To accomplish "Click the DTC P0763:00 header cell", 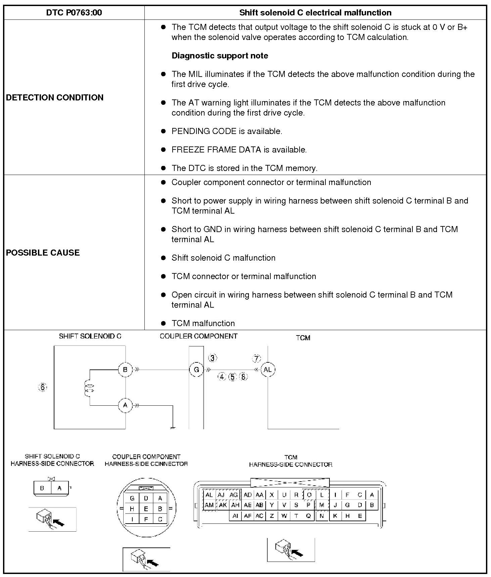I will click(x=74, y=13).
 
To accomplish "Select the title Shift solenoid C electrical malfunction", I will click(x=315, y=13).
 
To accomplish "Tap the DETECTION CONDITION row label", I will click(x=55, y=97).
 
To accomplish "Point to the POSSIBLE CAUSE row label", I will click(x=43, y=253).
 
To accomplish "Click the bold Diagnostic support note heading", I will click(x=220, y=56).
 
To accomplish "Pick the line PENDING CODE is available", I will click(x=227, y=131).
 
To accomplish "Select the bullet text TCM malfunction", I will click(x=203, y=323).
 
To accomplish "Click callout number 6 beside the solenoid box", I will click(x=43, y=387).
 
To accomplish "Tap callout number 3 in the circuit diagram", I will click(x=213, y=358).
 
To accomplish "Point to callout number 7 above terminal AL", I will click(x=257, y=359).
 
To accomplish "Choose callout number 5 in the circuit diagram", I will click(x=232, y=377).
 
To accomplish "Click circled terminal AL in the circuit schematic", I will click(x=268, y=370).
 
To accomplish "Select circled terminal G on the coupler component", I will click(x=196, y=370).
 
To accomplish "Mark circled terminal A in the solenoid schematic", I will click(x=125, y=405).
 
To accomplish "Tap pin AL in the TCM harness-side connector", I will click(x=209, y=495).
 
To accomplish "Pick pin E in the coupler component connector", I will click(x=146, y=509).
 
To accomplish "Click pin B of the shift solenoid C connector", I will click(x=42, y=488).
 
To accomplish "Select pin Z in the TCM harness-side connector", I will click(x=272, y=516).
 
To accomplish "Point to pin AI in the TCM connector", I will click(x=235, y=516).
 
